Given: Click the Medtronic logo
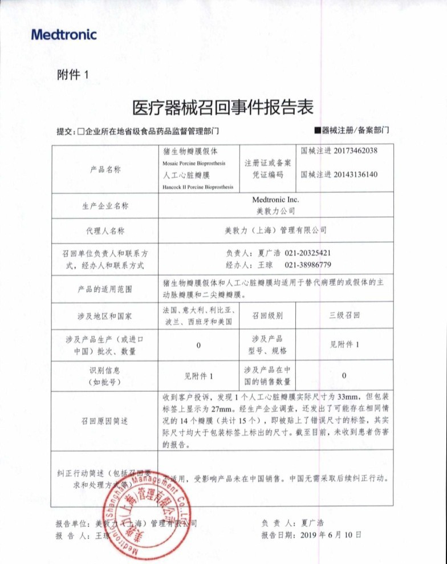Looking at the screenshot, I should [x=64, y=35].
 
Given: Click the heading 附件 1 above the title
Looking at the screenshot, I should [x=74, y=75].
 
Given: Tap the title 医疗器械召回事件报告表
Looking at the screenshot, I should [x=223, y=107].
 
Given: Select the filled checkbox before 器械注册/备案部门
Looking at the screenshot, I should [x=318, y=131].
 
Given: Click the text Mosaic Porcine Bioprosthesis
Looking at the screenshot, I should [x=194, y=163].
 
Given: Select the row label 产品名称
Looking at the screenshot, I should [x=105, y=169].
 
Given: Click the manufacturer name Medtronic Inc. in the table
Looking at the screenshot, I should [x=275, y=200].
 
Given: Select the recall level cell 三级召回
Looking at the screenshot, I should [x=344, y=315].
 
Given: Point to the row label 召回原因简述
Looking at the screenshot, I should [x=105, y=421].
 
